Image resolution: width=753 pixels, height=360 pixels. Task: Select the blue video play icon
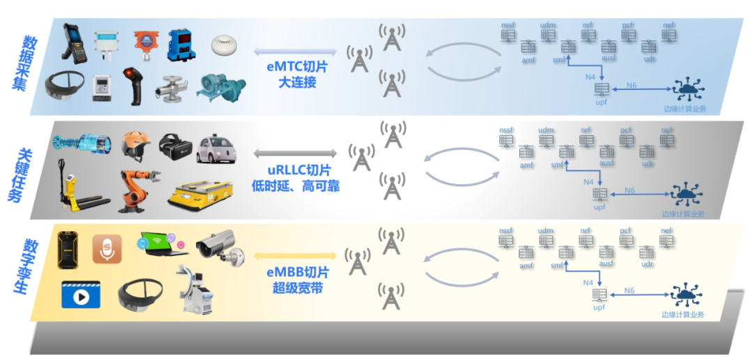[80, 294]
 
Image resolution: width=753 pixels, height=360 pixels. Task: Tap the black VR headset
[175, 145]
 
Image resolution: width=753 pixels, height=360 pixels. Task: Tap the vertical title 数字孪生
[31, 264]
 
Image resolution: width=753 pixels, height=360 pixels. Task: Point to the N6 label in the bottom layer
[630, 290]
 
